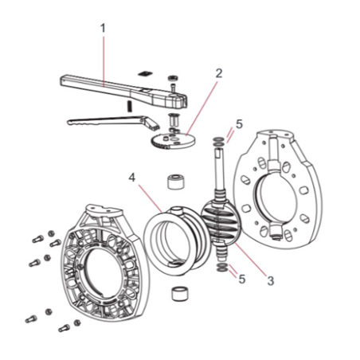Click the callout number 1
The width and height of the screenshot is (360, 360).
103,29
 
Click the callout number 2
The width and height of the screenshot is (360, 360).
219,73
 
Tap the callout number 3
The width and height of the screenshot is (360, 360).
271,280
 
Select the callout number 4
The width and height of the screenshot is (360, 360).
132,178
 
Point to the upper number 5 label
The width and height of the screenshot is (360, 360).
239,124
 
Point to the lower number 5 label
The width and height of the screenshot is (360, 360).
241,279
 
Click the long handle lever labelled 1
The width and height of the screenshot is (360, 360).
123,92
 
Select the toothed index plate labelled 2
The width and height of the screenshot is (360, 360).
173,140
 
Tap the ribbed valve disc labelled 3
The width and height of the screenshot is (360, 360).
221,222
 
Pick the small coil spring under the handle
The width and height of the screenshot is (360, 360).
130,107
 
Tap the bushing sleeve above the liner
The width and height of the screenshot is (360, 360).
175,182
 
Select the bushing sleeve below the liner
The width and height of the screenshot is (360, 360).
180,293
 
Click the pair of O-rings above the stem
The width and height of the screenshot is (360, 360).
218,141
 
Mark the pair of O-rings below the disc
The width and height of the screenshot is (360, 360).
221,268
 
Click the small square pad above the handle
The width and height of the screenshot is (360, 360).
145,73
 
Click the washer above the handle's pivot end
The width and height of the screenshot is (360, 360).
173,78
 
